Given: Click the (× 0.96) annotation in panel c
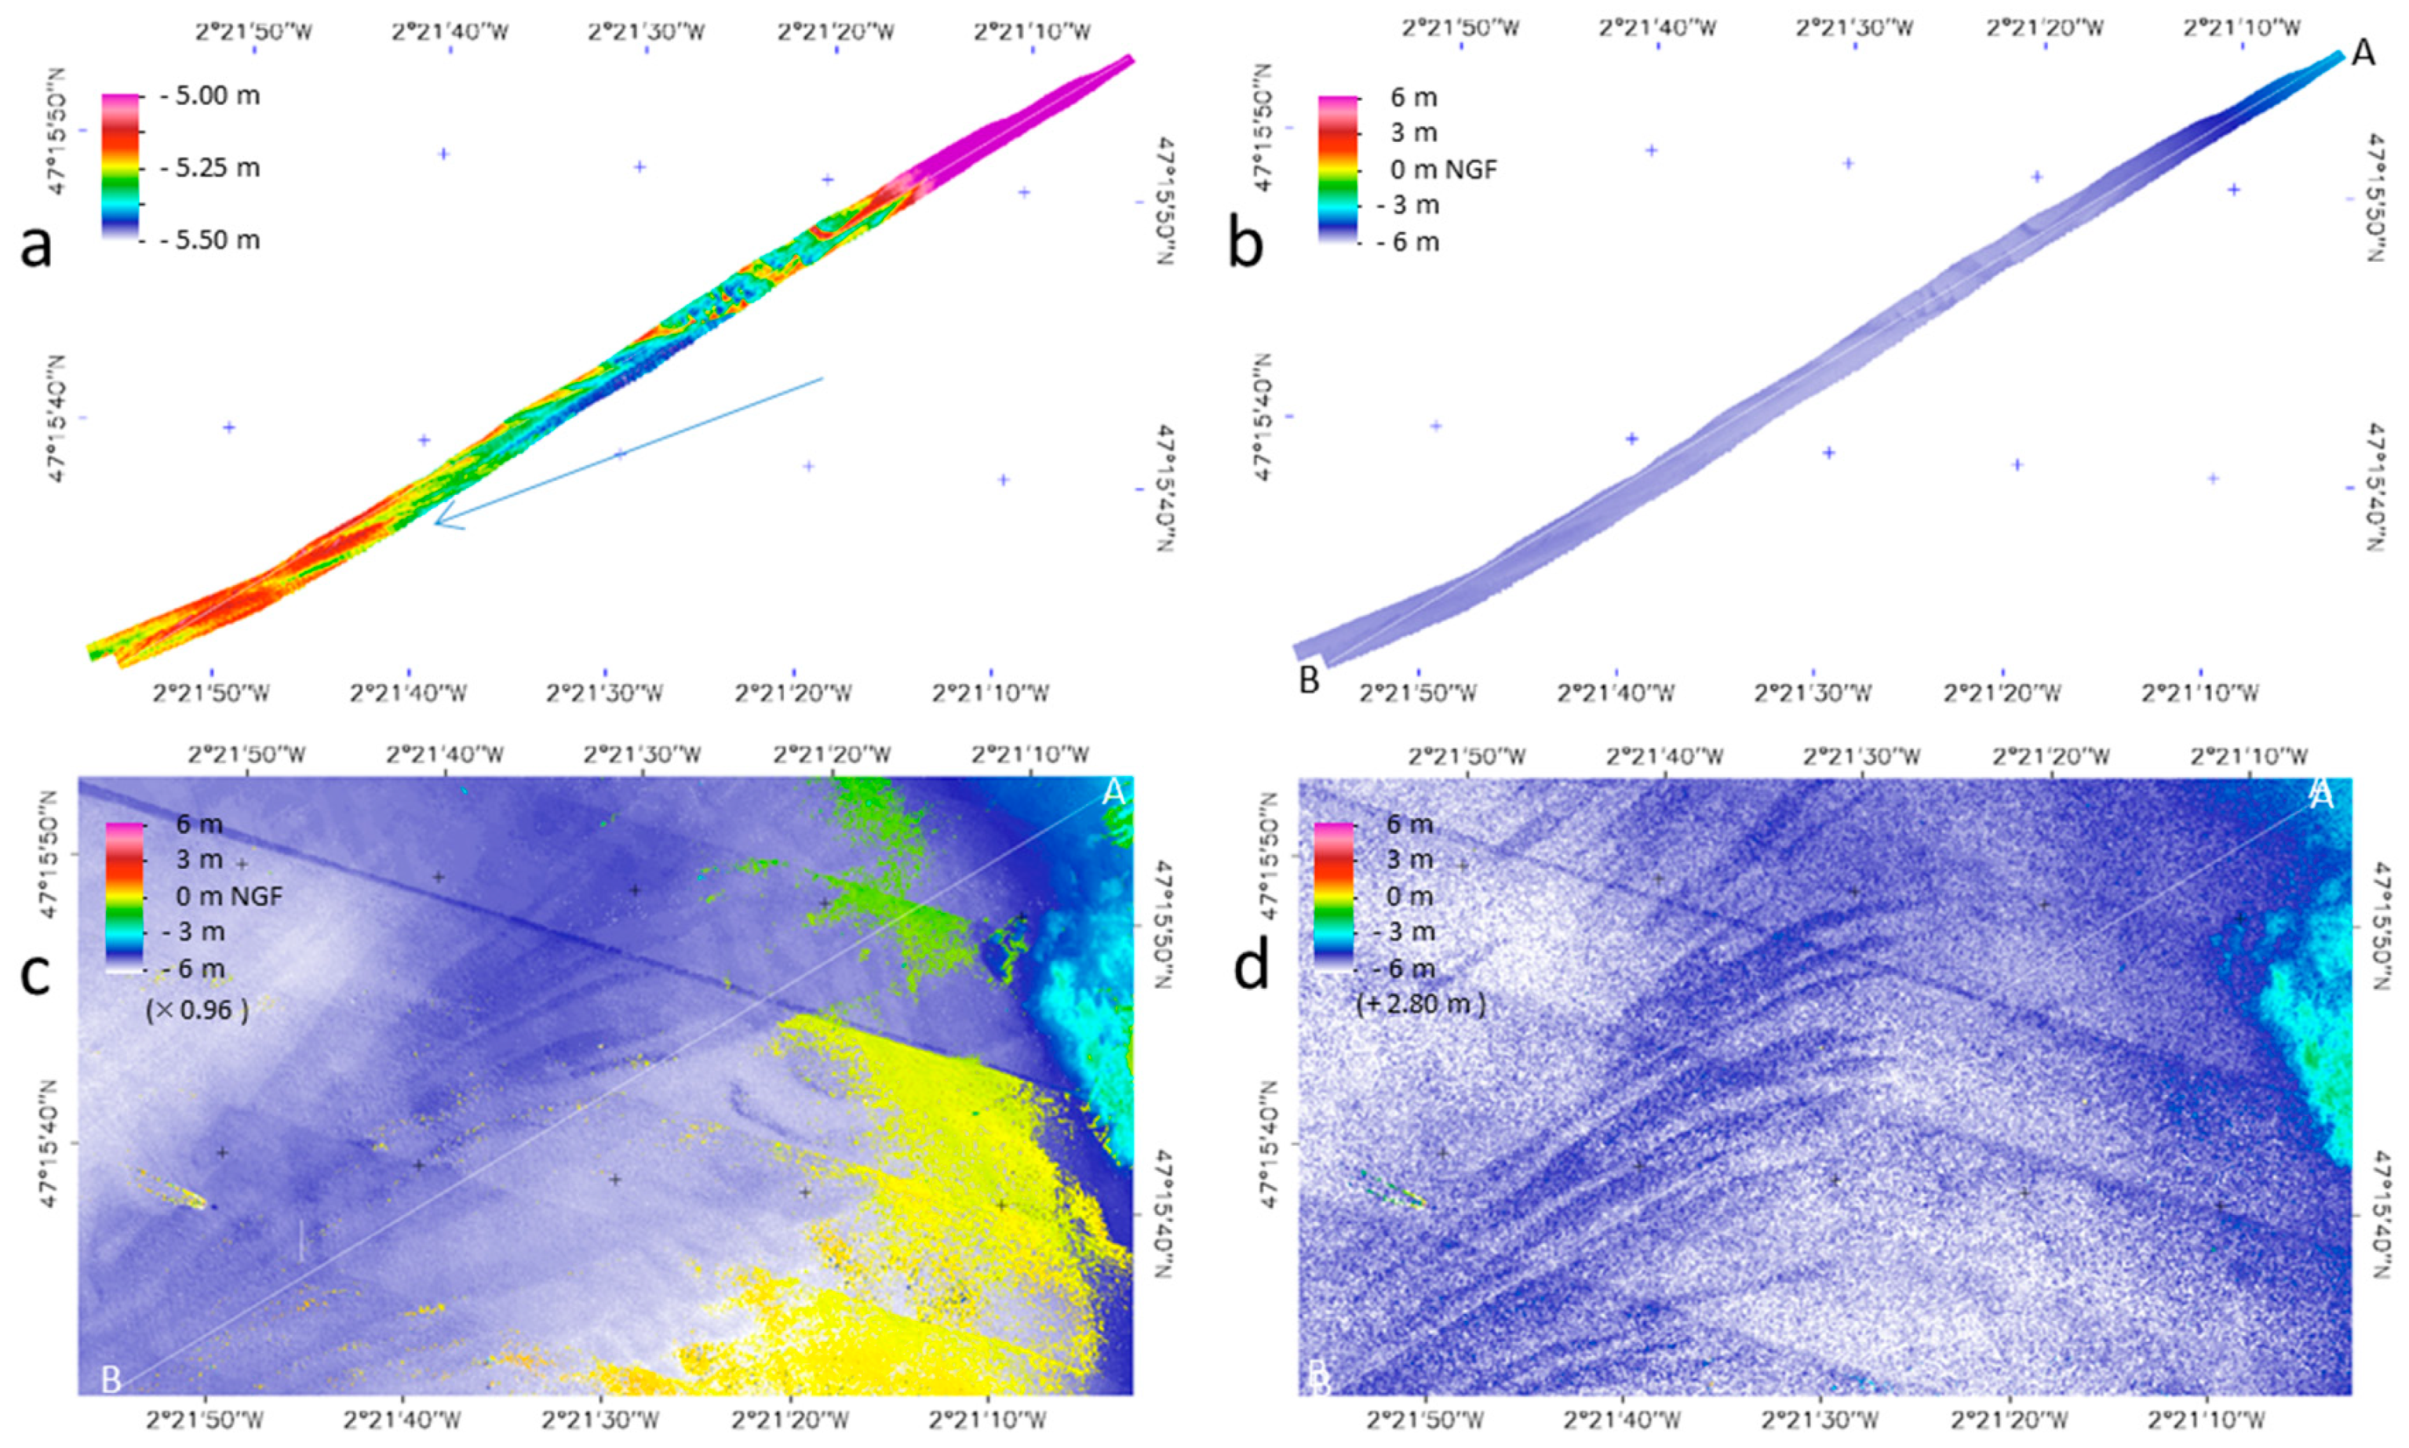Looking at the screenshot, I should coord(196,1010).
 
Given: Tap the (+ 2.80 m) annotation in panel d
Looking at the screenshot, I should coord(1420,1004).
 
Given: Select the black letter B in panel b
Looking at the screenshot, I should coord(1308,680).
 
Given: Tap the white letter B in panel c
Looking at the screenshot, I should coord(111,1379).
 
